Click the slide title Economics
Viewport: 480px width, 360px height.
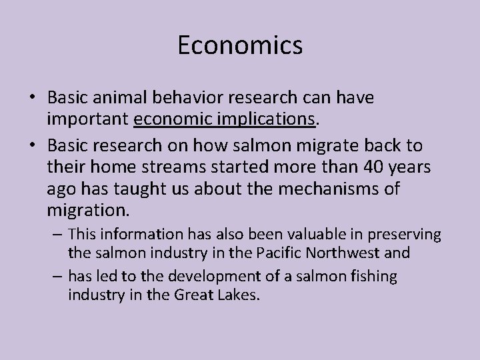[x=240, y=45]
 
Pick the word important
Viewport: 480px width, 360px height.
[x=88, y=119]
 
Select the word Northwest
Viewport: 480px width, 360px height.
[x=349, y=254]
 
